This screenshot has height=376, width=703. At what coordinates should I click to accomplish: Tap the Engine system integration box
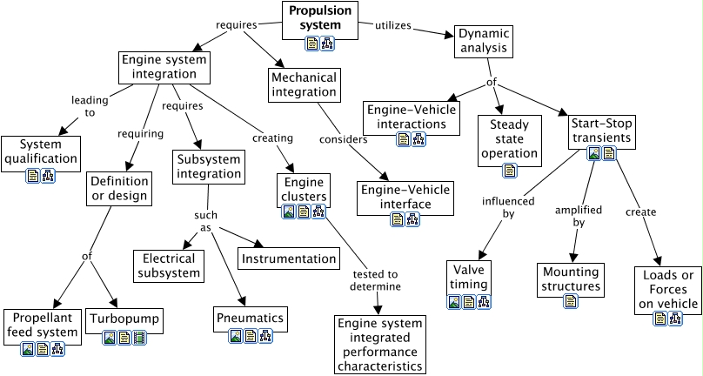coord(169,67)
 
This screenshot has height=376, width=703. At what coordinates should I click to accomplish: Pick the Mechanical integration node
coord(304,84)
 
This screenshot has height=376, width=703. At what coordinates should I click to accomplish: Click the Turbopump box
coord(124,319)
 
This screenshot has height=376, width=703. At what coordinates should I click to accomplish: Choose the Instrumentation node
coord(289,258)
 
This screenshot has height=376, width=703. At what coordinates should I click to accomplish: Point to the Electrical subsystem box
coord(170,265)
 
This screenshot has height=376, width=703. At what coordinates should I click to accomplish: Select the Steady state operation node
coord(509,139)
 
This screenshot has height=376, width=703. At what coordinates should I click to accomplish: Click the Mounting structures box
coord(570,279)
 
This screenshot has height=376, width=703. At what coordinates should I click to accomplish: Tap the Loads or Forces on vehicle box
coord(667,290)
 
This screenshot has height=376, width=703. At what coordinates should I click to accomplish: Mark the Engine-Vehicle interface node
coord(406,197)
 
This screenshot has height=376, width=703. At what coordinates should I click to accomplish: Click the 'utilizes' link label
coord(392,25)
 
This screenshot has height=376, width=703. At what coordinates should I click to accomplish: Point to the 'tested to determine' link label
coord(376,279)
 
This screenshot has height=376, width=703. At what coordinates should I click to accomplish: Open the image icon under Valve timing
coord(454,302)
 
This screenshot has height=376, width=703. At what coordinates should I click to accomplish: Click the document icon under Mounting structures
coord(571,302)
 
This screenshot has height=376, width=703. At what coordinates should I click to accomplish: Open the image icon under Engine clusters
coord(289,211)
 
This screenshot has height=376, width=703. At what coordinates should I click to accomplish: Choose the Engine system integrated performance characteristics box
coord(380,345)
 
